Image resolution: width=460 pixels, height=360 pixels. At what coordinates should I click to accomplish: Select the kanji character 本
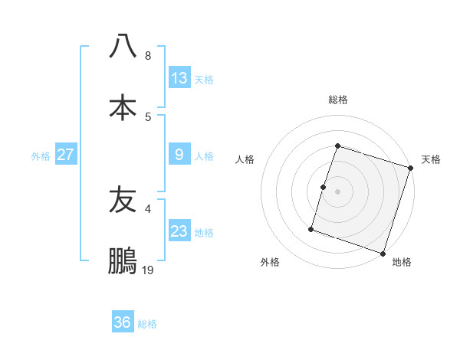tap(123, 107)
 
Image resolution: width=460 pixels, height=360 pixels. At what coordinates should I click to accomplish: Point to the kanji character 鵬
tap(123, 260)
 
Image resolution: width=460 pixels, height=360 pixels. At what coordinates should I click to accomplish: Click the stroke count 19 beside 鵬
tap(148, 270)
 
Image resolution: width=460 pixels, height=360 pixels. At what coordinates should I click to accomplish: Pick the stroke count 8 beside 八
tap(148, 56)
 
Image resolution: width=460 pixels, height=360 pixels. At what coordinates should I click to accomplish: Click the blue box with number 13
tap(179, 78)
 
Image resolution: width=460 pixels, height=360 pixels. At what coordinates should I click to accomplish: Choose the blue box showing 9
tap(179, 155)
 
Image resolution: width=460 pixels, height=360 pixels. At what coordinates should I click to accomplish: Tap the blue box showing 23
tap(179, 231)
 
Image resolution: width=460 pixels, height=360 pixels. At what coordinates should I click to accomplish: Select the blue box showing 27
tap(66, 155)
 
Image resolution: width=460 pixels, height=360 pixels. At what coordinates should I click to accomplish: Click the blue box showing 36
tap(123, 322)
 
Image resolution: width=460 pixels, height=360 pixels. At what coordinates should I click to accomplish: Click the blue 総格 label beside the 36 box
tap(147, 324)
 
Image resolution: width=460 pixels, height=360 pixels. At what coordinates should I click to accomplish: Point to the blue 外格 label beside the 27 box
tap(41, 156)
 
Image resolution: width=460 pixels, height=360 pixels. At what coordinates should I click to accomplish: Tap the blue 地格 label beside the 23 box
tap(205, 233)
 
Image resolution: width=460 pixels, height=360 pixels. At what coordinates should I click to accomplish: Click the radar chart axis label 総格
tap(338, 100)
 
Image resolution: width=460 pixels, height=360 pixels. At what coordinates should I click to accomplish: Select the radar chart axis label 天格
tap(431, 159)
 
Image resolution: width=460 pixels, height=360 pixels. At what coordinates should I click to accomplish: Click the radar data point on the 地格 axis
tap(383, 254)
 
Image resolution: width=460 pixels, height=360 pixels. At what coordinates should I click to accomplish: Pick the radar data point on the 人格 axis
tap(324, 187)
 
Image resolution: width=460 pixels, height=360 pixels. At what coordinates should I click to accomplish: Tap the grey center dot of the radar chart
tap(338, 191)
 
